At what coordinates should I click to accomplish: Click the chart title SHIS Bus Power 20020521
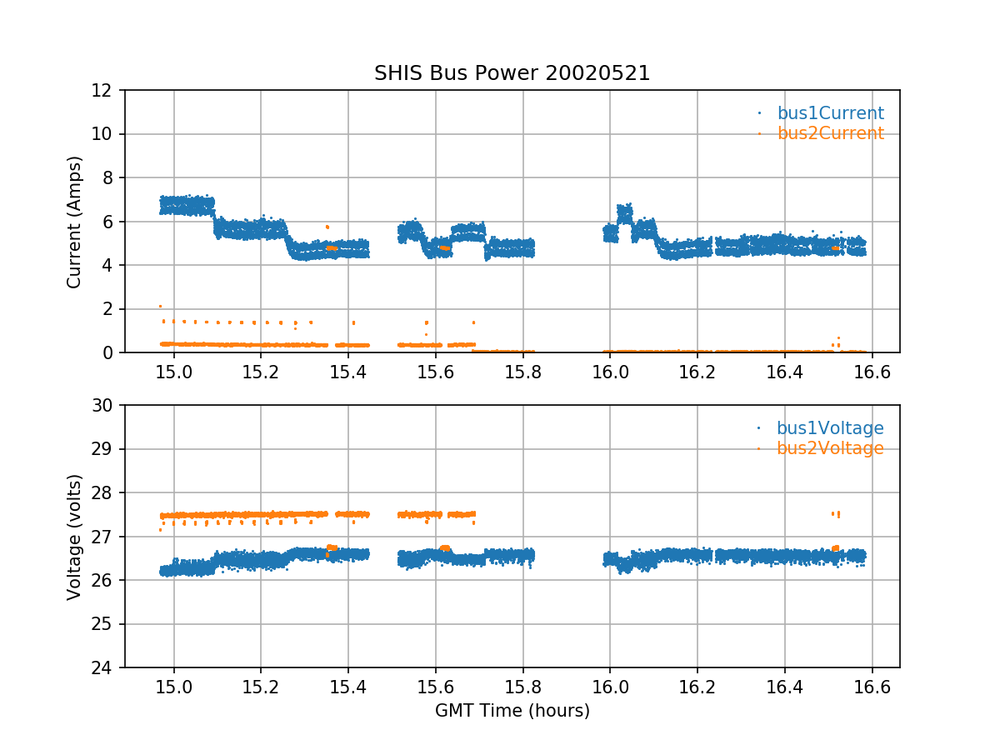coord(512,73)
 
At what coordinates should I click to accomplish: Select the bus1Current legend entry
coord(830,113)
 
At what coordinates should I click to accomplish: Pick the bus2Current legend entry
coord(830,133)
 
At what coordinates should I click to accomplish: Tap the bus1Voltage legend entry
coord(830,428)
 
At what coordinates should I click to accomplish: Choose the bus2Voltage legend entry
coord(830,448)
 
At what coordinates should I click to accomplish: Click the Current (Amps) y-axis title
coord(75,222)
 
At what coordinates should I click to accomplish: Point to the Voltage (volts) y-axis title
coord(75,537)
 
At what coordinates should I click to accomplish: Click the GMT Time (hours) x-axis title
coord(512,711)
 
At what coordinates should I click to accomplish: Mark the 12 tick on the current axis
coord(107,90)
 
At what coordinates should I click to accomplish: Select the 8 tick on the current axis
coord(112,177)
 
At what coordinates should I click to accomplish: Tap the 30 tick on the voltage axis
coord(107,406)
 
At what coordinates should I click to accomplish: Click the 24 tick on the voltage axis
coord(107,668)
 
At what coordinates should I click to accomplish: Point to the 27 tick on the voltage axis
coord(107,537)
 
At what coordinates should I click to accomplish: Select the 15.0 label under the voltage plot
coord(174,686)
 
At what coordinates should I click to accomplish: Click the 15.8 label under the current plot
coord(522,371)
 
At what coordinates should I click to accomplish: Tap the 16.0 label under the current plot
coord(610,371)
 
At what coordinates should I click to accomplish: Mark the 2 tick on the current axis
coord(112,309)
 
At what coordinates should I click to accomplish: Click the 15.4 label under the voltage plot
coord(348,686)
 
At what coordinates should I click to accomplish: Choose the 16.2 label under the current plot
coord(697,371)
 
